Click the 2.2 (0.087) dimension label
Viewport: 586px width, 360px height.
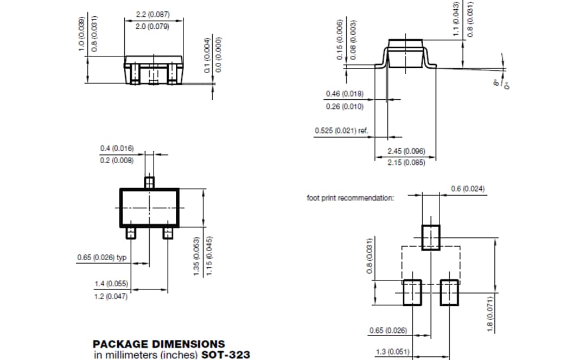coord(152,15)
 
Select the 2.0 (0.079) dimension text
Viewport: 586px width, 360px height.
coord(152,26)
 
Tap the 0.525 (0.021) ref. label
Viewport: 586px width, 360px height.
coord(341,131)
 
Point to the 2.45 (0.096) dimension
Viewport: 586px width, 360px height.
coord(406,151)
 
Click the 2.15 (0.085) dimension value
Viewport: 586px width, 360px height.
coord(406,162)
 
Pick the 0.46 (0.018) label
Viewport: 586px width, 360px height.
coord(345,94)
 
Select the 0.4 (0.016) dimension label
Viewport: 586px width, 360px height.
coord(117,148)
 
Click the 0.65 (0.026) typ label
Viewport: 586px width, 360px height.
coord(101,257)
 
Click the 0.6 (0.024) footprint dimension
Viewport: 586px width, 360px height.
coord(468,189)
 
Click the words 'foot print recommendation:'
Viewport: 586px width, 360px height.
coord(351,198)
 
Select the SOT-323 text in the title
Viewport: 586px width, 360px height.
coord(226,355)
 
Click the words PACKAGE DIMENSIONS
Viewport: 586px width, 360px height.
coord(158,344)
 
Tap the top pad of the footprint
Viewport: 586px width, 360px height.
coord(431,237)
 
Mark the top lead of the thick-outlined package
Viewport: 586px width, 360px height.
coord(149,182)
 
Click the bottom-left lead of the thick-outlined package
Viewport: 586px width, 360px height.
coord(131,233)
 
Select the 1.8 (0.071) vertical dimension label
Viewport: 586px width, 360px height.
coord(489,314)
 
